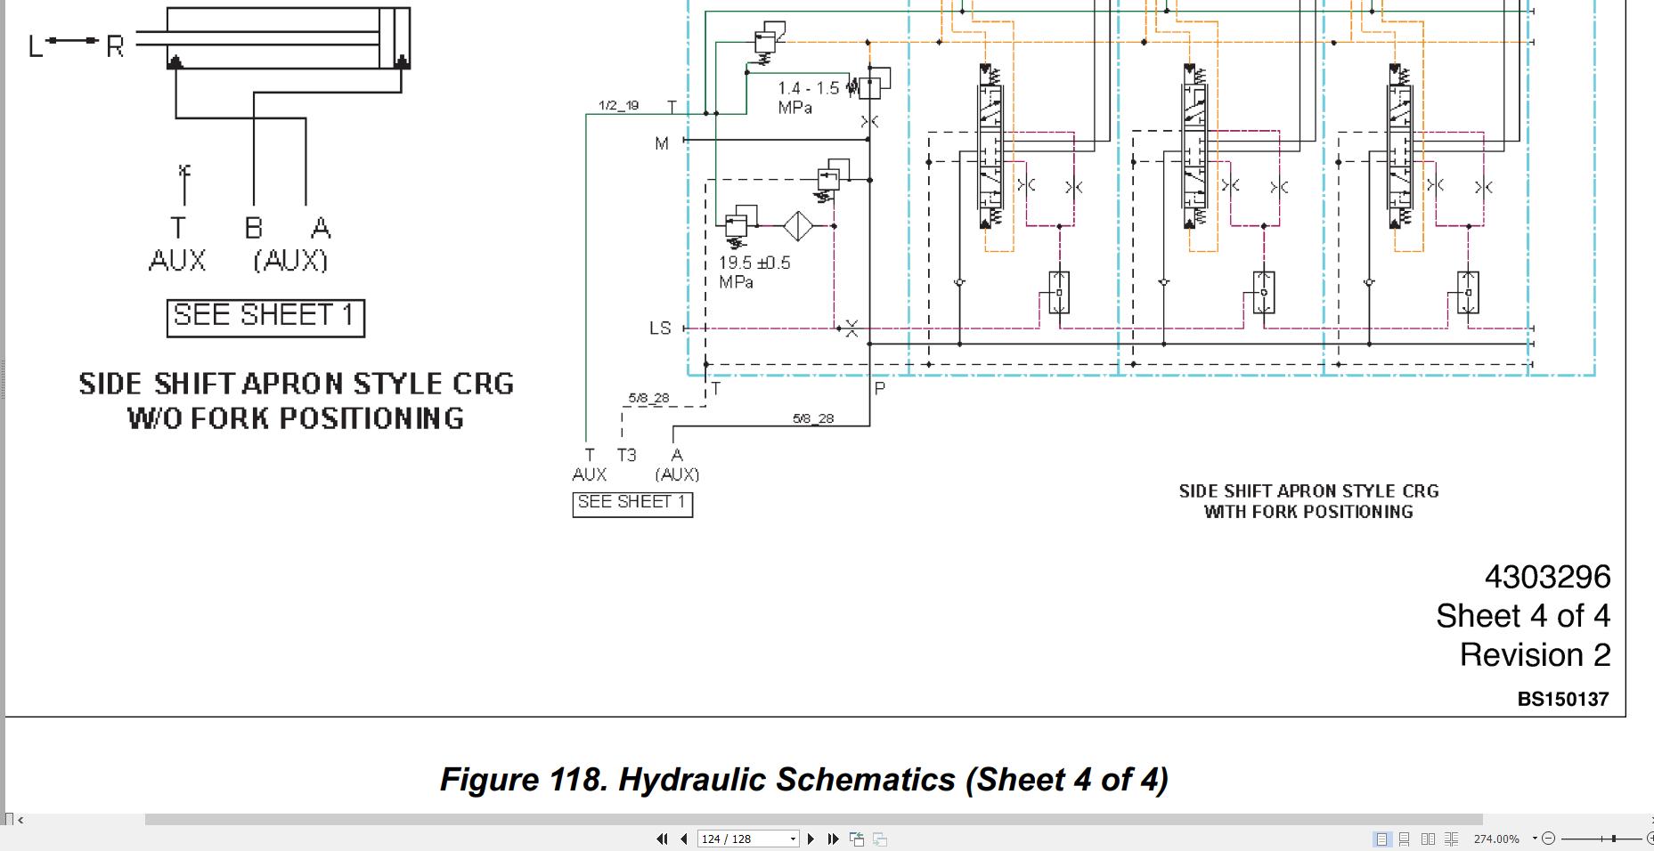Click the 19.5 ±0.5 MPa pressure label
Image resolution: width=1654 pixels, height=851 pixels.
click(754, 272)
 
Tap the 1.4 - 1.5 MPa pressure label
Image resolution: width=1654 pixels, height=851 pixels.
click(808, 98)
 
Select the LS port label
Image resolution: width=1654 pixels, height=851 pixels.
click(660, 328)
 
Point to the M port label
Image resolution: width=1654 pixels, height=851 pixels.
click(662, 143)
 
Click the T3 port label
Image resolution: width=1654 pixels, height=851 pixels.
click(626, 455)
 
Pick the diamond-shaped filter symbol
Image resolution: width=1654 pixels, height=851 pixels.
click(798, 226)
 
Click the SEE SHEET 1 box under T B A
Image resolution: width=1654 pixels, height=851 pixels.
click(265, 318)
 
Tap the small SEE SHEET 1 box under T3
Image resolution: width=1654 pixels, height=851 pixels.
click(632, 504)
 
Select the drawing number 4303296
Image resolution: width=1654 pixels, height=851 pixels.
click(1547, 577)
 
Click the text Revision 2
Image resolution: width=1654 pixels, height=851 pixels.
click(1535, 655)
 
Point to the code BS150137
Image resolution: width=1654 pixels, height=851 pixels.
click(1563, 700)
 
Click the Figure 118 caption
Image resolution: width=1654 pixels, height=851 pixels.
click(803, 779)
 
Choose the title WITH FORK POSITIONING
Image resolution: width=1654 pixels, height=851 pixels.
click(1308, 512)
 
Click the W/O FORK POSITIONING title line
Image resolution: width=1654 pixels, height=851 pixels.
click(296, 418)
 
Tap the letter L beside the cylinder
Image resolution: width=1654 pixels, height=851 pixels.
click(36, 46)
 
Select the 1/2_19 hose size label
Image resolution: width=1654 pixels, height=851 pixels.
click(618, 105)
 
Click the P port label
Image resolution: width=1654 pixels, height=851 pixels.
click(880, 389)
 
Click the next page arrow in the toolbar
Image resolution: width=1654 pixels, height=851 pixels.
click(811, 839)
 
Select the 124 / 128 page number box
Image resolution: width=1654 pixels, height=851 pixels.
click(747, 839)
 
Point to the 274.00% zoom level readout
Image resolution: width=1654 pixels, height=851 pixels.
click(1496, 839)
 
